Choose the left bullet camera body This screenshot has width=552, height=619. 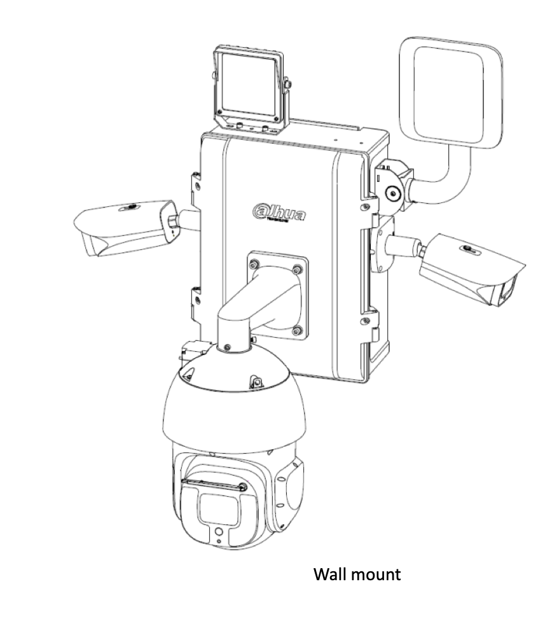[121, 226]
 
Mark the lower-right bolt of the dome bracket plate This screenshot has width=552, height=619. [296, 330]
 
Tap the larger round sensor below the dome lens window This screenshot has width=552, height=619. [219, 530]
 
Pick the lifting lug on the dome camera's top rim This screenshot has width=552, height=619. [258, 380]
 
